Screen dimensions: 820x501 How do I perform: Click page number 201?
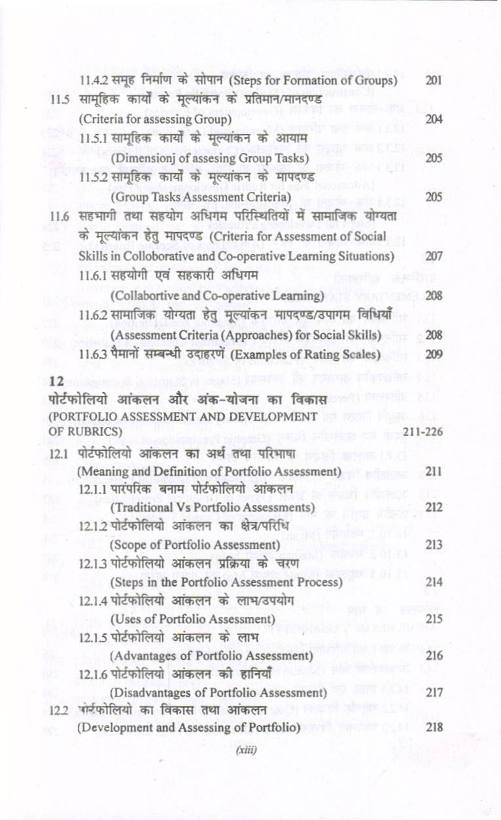434,81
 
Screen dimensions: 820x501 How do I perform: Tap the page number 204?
434,120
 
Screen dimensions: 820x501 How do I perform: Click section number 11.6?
60,216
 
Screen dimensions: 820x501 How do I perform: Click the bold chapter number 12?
56,380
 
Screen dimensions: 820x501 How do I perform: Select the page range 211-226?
424,432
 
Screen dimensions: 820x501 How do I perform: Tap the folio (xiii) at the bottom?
246,750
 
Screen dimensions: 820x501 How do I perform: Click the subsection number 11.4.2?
92,81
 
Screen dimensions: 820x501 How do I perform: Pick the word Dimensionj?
139,159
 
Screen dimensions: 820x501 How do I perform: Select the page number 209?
434,354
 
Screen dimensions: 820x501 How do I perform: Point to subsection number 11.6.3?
92,354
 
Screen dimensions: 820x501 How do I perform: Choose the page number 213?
434,544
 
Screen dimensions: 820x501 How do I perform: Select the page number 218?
434,727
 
